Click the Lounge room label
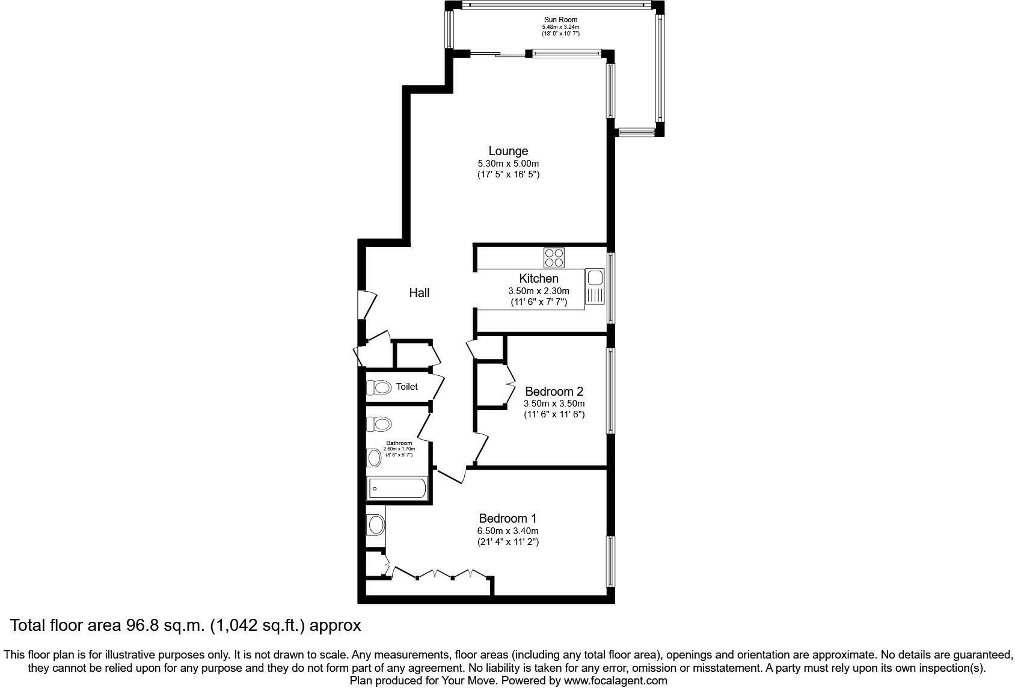[x=508, y=151]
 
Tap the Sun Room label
[x=560, y=20]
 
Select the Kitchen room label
[x=539, y=278]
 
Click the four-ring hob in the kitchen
[x=554, y=258]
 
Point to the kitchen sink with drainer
[x=595, y=287]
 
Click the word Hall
[x=419, y=293]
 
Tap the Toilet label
[x=406, y=387]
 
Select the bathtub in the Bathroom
[x=397, y=488]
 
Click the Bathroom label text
[x=399, y=443]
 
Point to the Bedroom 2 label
[x=554, y=392]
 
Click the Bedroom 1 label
[x=507, y=518]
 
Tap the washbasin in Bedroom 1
[x=376, y=525]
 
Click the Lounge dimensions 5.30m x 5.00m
[x=508, y=164]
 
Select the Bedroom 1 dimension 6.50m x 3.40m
[x=507, y=531]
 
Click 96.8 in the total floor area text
[x=141, y=626]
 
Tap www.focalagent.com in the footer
[x=615, y=681]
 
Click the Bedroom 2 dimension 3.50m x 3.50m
[x=554, y=404]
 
